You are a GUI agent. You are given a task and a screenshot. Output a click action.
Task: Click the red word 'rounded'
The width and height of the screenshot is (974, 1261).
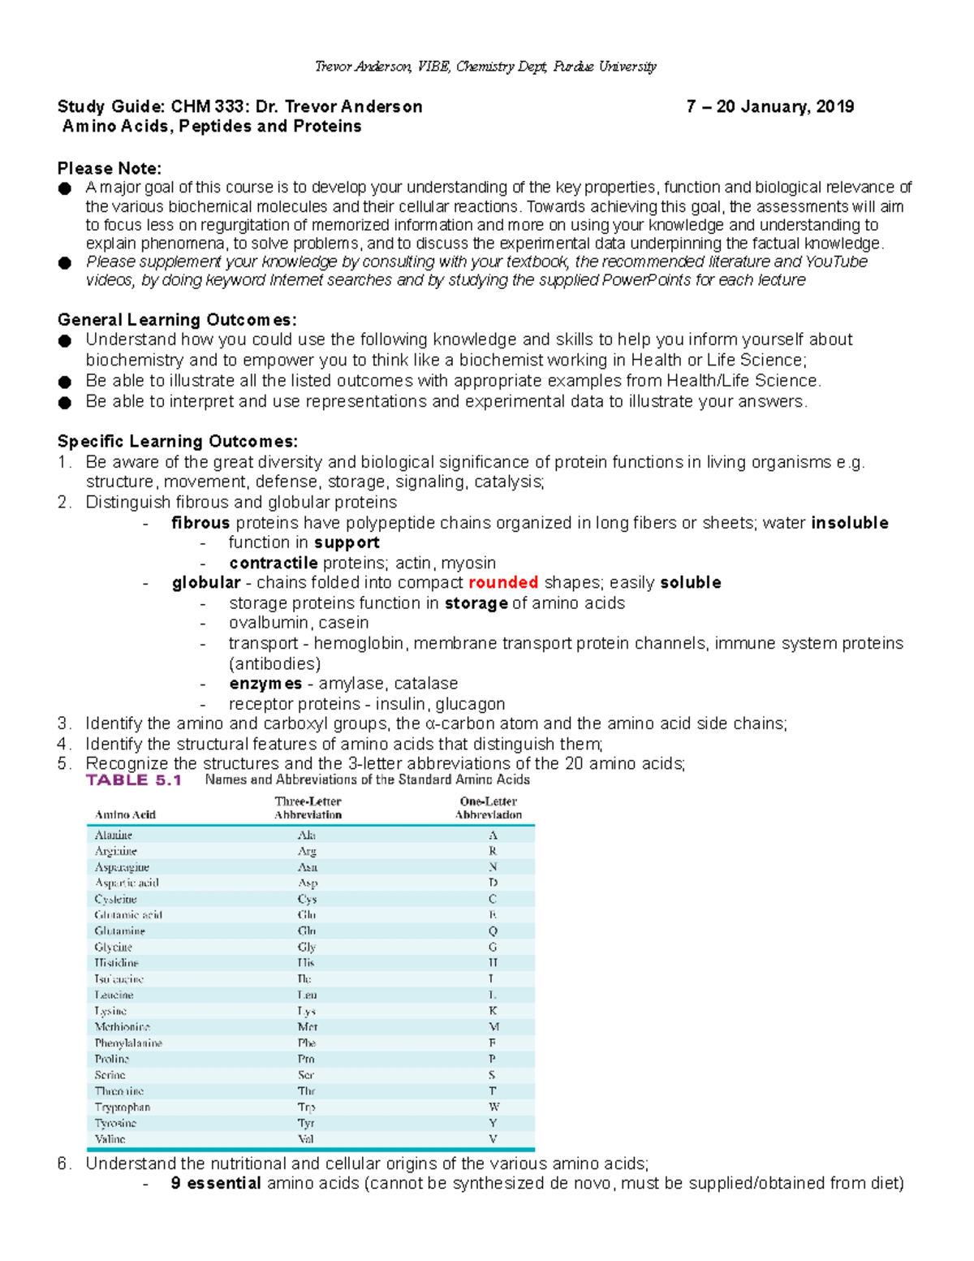[x=503, y=583]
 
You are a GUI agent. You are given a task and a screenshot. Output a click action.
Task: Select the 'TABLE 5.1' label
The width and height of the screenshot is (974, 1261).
[x=134, y=780]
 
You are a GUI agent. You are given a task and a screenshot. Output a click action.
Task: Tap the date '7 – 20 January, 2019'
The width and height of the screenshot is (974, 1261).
[x=769, y=107]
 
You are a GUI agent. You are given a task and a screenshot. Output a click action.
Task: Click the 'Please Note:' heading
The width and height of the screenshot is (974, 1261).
[x=110, y=169]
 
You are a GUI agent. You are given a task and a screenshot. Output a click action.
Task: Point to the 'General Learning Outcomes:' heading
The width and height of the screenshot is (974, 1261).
[x=177, y=320]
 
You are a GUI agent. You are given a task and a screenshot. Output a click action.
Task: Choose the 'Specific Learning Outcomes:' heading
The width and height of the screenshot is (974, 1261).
[x=178, y=442]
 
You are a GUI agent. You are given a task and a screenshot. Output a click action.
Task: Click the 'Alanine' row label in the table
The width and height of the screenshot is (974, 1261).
[x=114, y=836]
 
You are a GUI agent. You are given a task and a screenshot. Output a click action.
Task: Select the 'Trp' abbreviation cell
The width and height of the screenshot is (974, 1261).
[x=306, y=1108]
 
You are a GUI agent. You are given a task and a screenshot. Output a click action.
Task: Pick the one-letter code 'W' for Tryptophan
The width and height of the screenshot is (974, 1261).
[x=493, y=1108]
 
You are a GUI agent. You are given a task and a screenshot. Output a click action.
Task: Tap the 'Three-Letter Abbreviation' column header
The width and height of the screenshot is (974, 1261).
[x=308, y=808]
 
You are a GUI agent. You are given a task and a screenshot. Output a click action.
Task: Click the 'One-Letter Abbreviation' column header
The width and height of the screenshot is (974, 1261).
[x=488, y=808]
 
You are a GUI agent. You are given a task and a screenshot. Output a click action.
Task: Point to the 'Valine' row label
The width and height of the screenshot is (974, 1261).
[x=110, y=1139]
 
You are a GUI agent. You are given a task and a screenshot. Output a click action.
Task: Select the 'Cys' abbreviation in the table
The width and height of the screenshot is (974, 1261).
[x=307, y=900]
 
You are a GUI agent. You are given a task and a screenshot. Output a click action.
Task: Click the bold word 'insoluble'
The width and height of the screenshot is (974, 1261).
[x=849, y=523]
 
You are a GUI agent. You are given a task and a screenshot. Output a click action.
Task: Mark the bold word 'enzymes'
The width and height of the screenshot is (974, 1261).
[x=265, y=684]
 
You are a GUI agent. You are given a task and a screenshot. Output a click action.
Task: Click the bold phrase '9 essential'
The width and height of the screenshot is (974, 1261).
[x=216, y=1184]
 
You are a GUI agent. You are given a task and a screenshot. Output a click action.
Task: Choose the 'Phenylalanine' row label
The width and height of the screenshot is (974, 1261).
[x=128, y=1043]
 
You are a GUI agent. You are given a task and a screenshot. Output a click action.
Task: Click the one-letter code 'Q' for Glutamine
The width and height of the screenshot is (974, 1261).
[x=493, y=931]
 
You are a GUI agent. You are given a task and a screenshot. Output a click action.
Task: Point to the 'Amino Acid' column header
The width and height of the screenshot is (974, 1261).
[x=125, y=815]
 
